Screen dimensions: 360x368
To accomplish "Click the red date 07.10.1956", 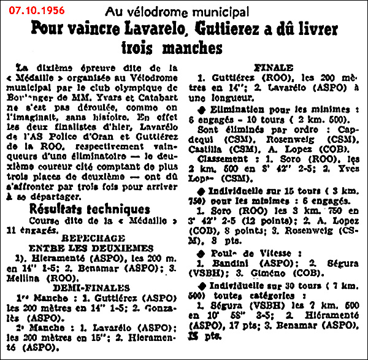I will [42, 11].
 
